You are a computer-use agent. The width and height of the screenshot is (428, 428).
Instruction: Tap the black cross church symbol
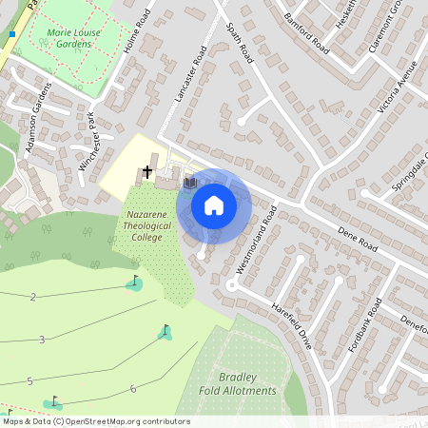(147, 173)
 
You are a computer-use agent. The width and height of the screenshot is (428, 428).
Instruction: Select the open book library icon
(189, 181)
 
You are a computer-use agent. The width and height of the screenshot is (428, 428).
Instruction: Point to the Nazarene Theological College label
(146, 225)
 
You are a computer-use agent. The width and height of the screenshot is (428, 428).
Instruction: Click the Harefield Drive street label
(291, 327)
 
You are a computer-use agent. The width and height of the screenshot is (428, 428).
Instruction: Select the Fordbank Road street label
(364, 326)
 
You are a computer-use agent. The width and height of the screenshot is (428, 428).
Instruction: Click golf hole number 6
(133, 389)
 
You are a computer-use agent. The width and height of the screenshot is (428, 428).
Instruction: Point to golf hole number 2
(33, 298)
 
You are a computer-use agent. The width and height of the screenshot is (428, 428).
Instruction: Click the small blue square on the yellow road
(12, 34)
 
